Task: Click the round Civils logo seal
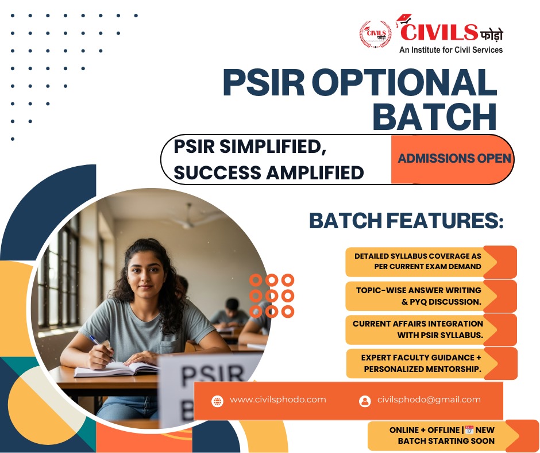375,34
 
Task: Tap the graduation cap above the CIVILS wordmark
404,20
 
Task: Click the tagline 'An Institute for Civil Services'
451,50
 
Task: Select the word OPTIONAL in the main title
404,83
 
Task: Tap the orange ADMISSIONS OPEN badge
452,159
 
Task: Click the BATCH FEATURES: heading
406,220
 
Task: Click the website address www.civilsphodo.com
278,400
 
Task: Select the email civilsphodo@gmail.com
429,400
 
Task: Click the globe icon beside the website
217,401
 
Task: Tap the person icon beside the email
365,401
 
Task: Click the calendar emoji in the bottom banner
469,430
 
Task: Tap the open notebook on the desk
117,369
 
